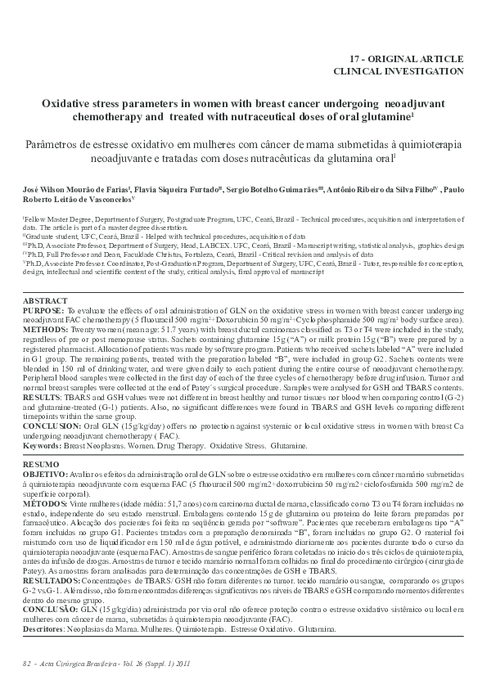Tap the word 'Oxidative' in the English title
[70, 106]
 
